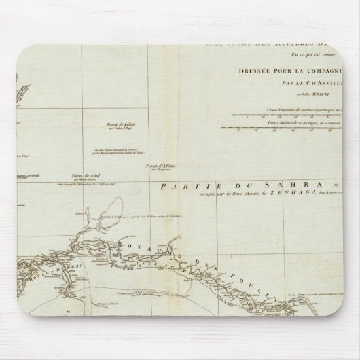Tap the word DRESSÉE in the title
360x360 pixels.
[x=258, y=69]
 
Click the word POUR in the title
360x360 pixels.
[x=288, y=69]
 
